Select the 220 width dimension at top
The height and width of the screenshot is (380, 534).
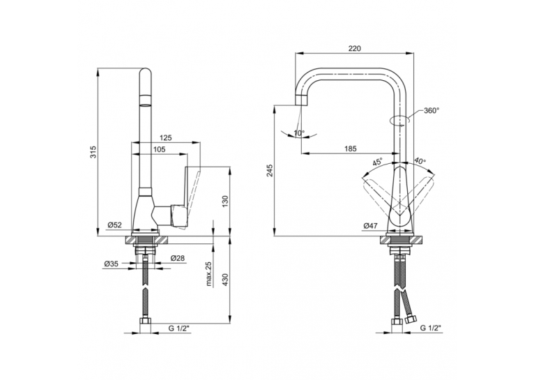coord(355,48)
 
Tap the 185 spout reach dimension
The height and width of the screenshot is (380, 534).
coord(350,149)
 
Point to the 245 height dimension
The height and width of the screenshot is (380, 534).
coord(270,170)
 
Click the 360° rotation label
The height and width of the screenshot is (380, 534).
coord(432,110)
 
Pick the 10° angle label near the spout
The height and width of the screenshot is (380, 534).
coord(299,133)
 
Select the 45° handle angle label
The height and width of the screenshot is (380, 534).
coord(377,161)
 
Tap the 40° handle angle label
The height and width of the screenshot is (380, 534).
coord(420,160)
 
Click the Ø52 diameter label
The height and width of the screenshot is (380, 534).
coord(115,225)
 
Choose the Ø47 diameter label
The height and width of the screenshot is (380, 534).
coord(371,225)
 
